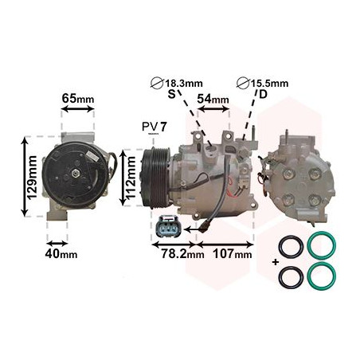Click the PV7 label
pyautogui.click(x=155, y=127)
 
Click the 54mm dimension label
pyautogui.click(x=213, y=100)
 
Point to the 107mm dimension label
pyautogui.click(x=232, y=254)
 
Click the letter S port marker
pyautogui.click(x=170, y=94)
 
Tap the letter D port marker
pyautogui.click(x=261, y=94)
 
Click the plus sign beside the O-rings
pyautogui.click(x=275, y=262)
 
